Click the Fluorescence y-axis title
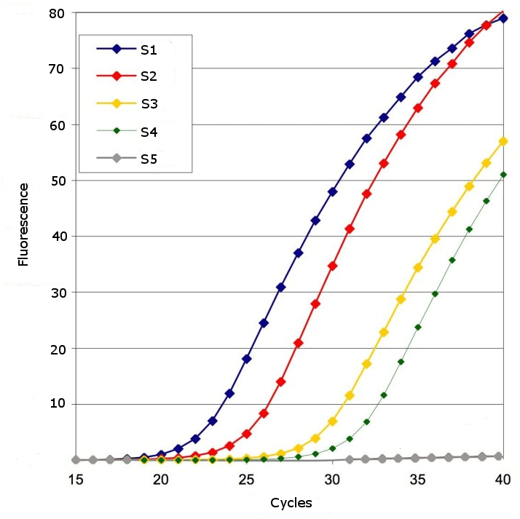(x=23, y=224)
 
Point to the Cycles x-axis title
(x=291, y=503)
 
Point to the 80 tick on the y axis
(x=57, y=13)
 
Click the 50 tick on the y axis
(x=57, y=181)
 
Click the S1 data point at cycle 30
(x=332, y=191)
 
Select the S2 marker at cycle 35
(x=418, y=108)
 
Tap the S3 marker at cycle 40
(x=503, y=141)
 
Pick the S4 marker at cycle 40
(x=503, y=175)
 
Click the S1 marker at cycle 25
(x=247, y=359)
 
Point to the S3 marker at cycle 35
(x=418, y=267)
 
